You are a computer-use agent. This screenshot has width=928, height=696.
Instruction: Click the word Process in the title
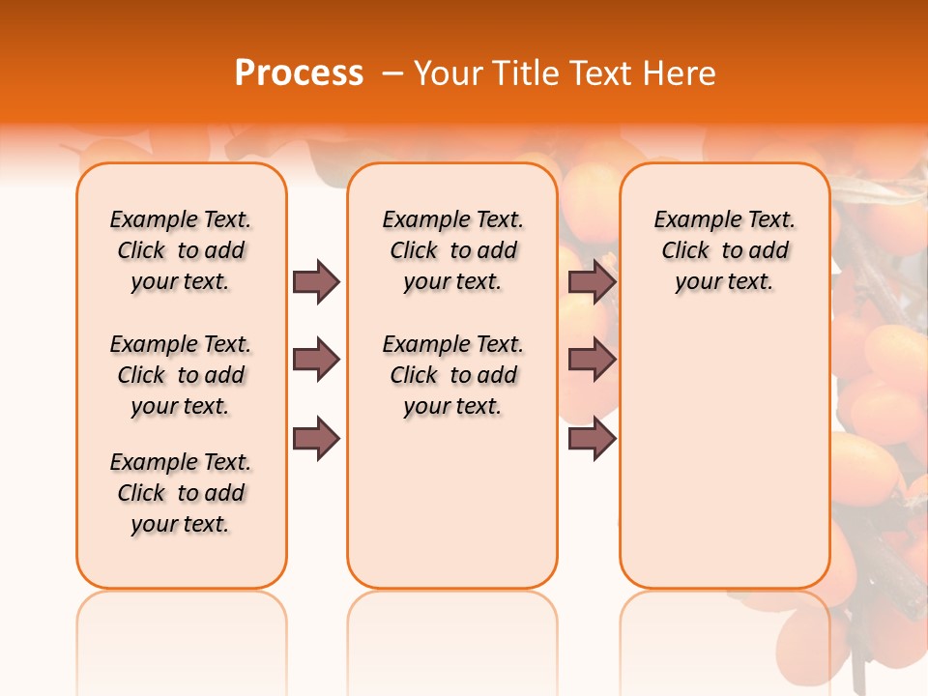click(x=299, y=72)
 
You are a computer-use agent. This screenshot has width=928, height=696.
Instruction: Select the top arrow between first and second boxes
click(x=316, y=281)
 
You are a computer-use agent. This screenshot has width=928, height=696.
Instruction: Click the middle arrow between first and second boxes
click(x=316, y=361)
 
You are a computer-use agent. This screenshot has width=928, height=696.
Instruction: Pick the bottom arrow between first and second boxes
click(x=316, y=438)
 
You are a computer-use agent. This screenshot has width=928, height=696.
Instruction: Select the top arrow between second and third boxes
click(x=592, y=281)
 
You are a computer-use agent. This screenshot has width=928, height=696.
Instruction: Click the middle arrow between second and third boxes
click(x=592, y=361)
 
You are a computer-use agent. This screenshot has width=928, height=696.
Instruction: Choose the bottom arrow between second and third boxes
click(x=592, y=438)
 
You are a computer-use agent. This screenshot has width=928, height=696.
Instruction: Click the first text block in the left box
click(x=181, y=250)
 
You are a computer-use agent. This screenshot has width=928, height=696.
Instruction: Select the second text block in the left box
click(x=181, y=375)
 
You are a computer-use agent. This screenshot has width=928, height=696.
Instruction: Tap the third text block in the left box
click(x=181, y=493)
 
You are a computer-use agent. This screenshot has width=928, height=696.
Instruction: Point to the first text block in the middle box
click(x=452, y=250)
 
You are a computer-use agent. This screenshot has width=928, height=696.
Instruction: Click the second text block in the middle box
click(x=452, y=375)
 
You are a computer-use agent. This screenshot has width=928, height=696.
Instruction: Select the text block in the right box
click(x=725, y=250)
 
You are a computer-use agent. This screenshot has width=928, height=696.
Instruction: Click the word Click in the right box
click(x=685, y=251)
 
